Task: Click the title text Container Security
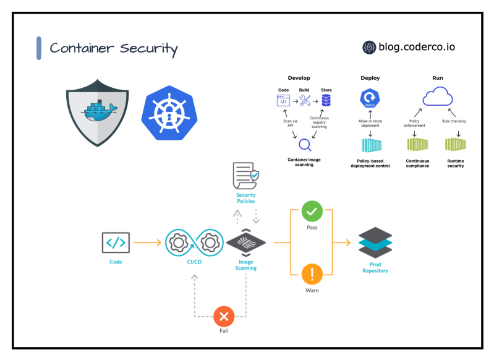pos(114,48)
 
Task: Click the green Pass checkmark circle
pos(312,212)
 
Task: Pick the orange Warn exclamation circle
pos(312,273)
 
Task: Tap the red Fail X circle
pos(224,317)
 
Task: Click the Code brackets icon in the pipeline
pos(116,242)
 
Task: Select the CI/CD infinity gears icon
pos(194,242)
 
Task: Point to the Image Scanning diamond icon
pos(246,243)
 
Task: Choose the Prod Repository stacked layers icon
pos(375,244)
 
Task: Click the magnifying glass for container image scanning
pos(304,145)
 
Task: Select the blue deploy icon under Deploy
pos(370,99)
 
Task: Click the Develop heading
pos(299,78)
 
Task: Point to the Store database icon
pos(326,100)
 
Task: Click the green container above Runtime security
pos(456,145)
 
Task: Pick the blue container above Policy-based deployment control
pos(370,146)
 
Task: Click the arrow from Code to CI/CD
pos(148,243)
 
